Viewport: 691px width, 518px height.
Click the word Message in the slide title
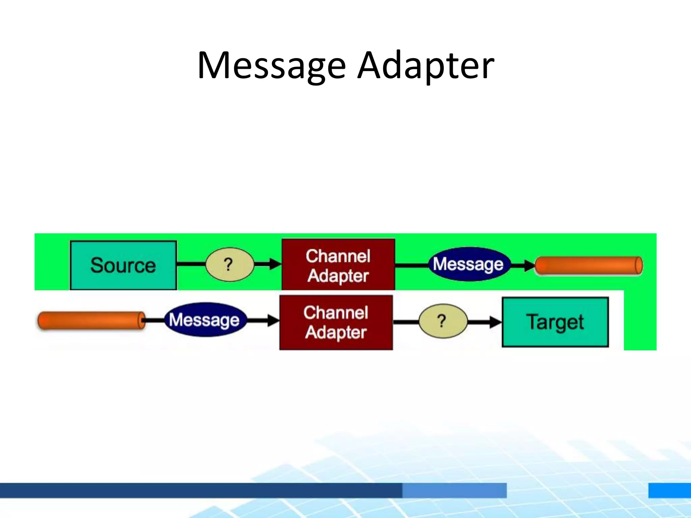coord(272,66)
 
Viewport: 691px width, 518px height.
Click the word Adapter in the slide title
coord(426,66)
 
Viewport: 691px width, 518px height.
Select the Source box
coord(123,265)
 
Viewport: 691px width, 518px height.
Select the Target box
coord(555,322)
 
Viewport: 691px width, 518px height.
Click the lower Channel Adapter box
coord(336,322)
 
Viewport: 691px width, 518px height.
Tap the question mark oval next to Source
coord(229,264)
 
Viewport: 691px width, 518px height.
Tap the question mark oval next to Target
coord(443,321)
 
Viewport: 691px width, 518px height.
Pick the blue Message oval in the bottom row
coord(205,320)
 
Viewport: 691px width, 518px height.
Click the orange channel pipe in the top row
coord(589,266)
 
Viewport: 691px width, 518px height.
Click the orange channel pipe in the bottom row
coord(91,320)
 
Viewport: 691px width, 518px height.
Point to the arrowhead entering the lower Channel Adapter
coord(273,320)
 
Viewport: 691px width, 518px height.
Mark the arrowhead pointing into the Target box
coord(496,322)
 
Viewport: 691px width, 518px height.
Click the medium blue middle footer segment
coord(454,490)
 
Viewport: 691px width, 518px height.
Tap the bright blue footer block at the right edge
coord(669,490)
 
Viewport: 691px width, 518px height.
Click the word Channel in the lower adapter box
coord(336,312)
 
